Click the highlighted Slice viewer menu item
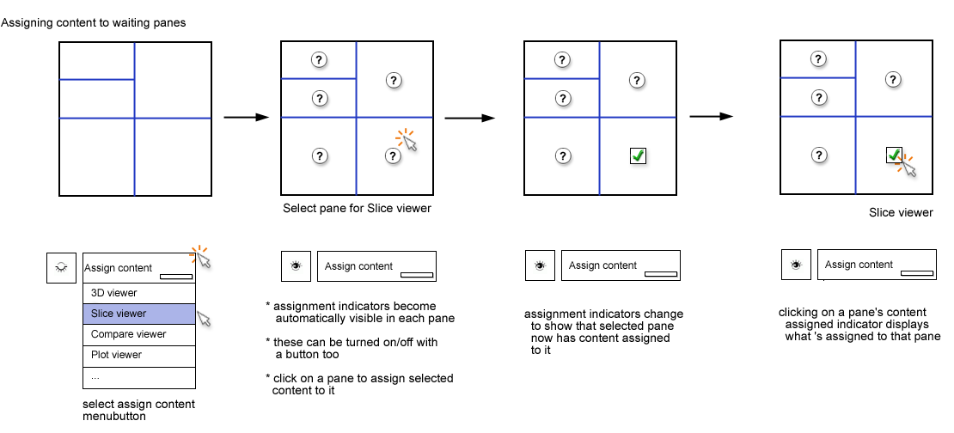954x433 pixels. pyautogui.click(x=139, y=314)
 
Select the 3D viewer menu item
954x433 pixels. pyautogui.click(x=139, y=293)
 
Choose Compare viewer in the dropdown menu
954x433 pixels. pyautogui.click(x=139, y=334)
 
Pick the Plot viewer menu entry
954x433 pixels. pyautogui.click(x=139, y=355)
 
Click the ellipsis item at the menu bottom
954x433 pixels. pyautogui.click(x=139, y=376)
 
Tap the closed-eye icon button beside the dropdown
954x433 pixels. pyautogui.click(x=61, y=268)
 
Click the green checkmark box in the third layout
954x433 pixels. pyautogui.click(x=638, y=156)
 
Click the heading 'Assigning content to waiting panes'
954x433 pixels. pyautogui.click(x=94, y=22)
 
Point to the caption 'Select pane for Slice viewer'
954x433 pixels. pyautogui.click(x=357, y=209)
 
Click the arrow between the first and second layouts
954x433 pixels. pyautogui.click(x=242, y=116)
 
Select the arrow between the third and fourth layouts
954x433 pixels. pyautogui.click(x=711, y=116)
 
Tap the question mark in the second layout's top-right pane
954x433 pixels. pyautogui.click(x=394, y=80)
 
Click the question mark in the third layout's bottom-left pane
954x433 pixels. pyautogui.click(x=563, y=156)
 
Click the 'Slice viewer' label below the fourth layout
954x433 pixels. pyautogui.click(x=901, y=213)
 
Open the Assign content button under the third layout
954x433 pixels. pyautogui.click(x=621, y=265)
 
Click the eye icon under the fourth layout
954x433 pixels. pyautogui.click(x=796, y=265)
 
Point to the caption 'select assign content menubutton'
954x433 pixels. pyautogui.click(x=138, y=410)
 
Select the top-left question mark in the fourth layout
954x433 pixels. pyautogui.click(x=818, y=59)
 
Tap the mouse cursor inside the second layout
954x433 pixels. pyautogui.click(x=410, y=143)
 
